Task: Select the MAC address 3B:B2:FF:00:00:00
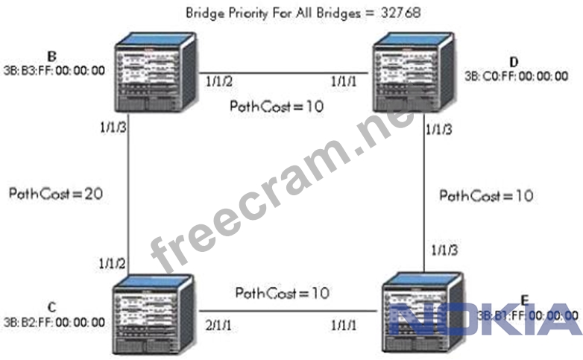tap(53, 323)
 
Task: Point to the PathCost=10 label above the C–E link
tap(282, 293)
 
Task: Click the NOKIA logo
tap(488, 319)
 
